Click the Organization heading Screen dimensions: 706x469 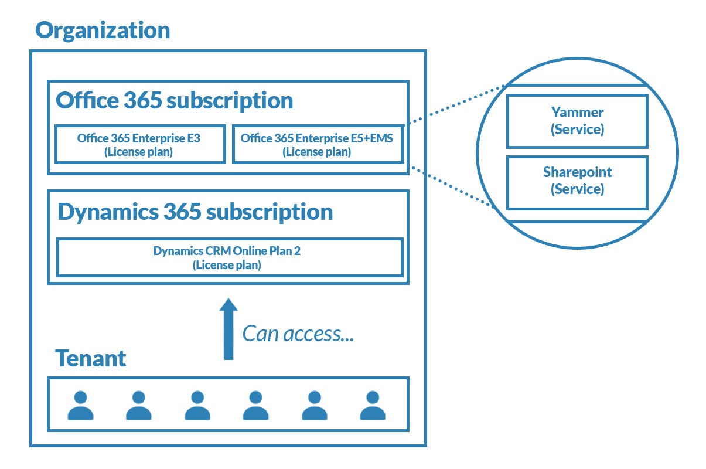pyautogui.click(x=103, y=31)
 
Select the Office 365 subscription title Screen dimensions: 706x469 pyautogui.click(x=174, y=101)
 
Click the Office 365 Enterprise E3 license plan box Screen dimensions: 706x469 pyautogui.click(x=140, y=144)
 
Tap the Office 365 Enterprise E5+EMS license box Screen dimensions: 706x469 pyautogui.click(x=318, y=144)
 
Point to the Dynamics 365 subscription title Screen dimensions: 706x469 pyautogui.click(x=195, y=212)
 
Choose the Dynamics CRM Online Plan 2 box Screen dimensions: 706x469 pyautogui.click(x=230, y=257)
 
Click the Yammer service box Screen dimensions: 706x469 pyautogui.click(x=577, y=121)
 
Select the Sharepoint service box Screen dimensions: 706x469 pyautogui.click(x=577, y=182)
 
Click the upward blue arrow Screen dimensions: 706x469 pyautogui.click(x=228, y=329)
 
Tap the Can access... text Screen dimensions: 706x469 pyautogui.click(x=298, y=334)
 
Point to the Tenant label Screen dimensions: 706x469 pyautogui.click(x=91, y=359)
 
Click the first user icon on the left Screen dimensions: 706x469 pyautogui.click(x=81, y=406)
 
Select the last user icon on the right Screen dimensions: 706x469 pyautogui.click(x=373, y=406)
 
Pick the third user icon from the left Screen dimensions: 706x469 pyautogui.click(x=197, y=406)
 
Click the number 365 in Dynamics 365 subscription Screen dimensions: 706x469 pyautogui.click(x=182, y=211)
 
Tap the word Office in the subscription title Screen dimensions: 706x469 pyautogui.click(x=87, y=100)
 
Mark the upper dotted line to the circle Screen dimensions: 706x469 pyautogui.click(x=455, y=105)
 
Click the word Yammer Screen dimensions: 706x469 pyautogui.click(x=578, y=113)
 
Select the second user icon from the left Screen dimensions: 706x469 pyautogui.click(x=139, y=406)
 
